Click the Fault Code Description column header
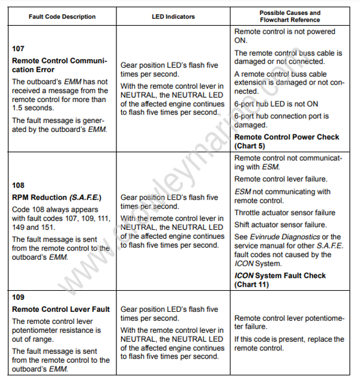[62, 17]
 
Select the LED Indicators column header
[173, 17]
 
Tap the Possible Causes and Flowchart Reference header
[290, 17]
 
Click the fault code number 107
[19, 49]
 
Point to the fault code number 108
[19, 185]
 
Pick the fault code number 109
[19, 297]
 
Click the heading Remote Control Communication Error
[59, 65]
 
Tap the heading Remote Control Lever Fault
[61, 309]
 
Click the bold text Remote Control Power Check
[286, 137]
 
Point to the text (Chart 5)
[249, 146]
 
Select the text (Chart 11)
[251, 285]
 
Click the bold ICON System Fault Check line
[280, 276]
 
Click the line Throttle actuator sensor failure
[284, 213]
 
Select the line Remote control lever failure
[280, 179]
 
